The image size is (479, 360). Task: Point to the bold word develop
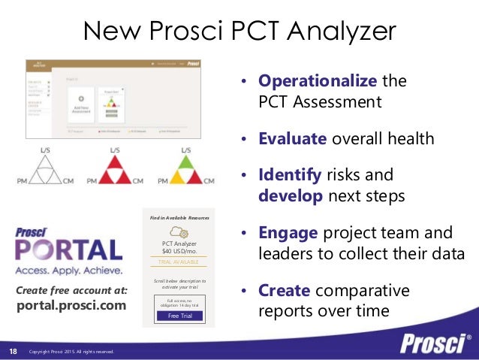tap(288, 196)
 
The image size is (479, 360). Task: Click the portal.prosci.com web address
tap(72, 307)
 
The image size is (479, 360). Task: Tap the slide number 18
tap(13, 351)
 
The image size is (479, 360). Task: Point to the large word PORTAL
tap(69, 250)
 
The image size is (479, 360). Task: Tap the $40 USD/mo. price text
tap(178, 251)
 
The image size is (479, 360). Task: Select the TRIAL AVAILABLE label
tap(178, 262)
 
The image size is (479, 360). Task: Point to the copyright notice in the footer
tap(71, 352)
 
